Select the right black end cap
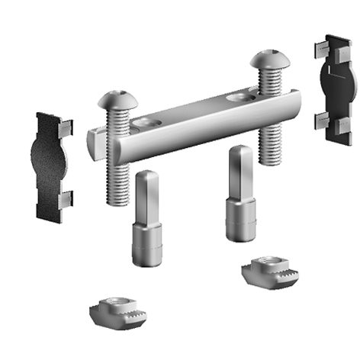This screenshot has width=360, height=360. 333,88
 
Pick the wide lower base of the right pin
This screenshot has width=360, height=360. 240,220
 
